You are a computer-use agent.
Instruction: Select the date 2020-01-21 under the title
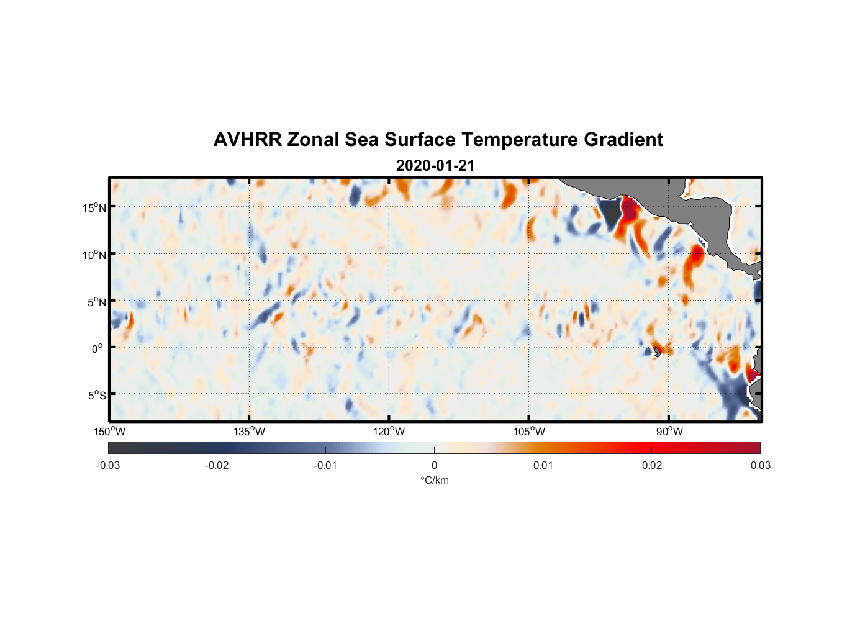(x=435, y=166)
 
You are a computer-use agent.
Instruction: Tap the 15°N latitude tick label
(x=94, y=207)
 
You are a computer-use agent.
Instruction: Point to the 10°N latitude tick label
(x=94, y=255)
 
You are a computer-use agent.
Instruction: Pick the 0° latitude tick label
(x=97, y=349)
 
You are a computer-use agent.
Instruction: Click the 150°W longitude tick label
(x=110, y=432)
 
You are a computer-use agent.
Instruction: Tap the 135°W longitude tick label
(x=250, y=432)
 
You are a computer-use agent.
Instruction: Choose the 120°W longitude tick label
(x=389, y=432)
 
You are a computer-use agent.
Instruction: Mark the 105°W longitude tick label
(x=529, y=432)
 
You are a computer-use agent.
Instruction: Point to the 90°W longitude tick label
(x=669, y=432)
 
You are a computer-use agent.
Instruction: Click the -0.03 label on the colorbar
(x=108, y=465)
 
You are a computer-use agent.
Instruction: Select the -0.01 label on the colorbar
(x=325, y=465)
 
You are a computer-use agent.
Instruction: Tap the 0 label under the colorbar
(x=434, y=465)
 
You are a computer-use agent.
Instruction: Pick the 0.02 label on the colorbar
(x=652, y=465)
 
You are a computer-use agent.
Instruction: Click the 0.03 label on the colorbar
(x=760, y=465)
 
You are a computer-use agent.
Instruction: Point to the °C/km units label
(x=435, y=480)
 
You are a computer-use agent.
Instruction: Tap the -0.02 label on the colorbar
(x=217, y=465)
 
